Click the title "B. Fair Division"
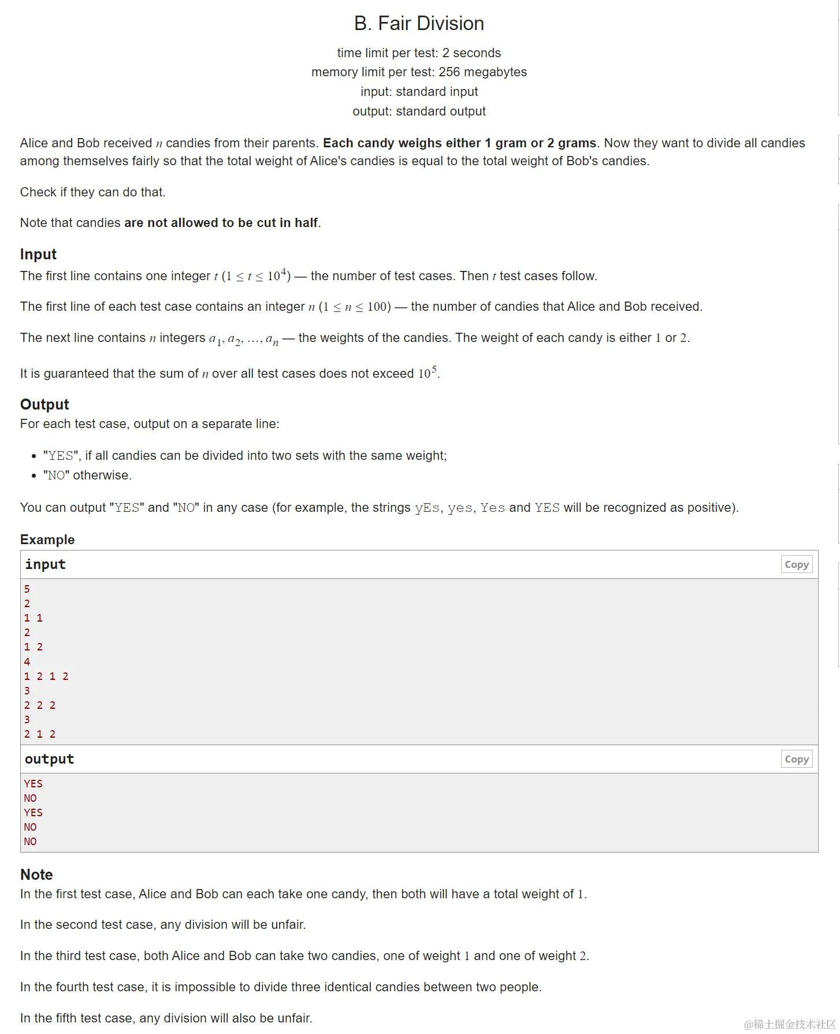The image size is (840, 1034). [x=419, y=24]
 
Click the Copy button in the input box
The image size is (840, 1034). [x=796, y=564]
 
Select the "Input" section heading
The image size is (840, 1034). [x=38, y=254]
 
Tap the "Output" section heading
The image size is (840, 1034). [x=44, y=404]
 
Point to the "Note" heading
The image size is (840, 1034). [x=36, y=875]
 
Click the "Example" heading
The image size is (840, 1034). [x=47, y=540]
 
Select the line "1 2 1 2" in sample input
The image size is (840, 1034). [x=46, y=676]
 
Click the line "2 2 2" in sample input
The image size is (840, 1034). [x=40, y=705]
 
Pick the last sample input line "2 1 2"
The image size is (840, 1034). [x=40, y=734]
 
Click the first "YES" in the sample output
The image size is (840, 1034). [x=33, y=783]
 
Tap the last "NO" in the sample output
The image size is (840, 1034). [x=30, y=841]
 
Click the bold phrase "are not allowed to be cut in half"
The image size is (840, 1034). [x=221, y=223]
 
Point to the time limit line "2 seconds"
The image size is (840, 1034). [x=419, y=53]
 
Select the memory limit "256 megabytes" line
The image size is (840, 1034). [x=419, y=72]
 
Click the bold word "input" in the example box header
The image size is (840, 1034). [x=45, y=564]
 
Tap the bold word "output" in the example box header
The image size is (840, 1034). [x=49, y=759]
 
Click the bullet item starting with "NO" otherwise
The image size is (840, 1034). [x=87, y=475]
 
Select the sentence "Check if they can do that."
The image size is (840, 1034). [x=92, y=192]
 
